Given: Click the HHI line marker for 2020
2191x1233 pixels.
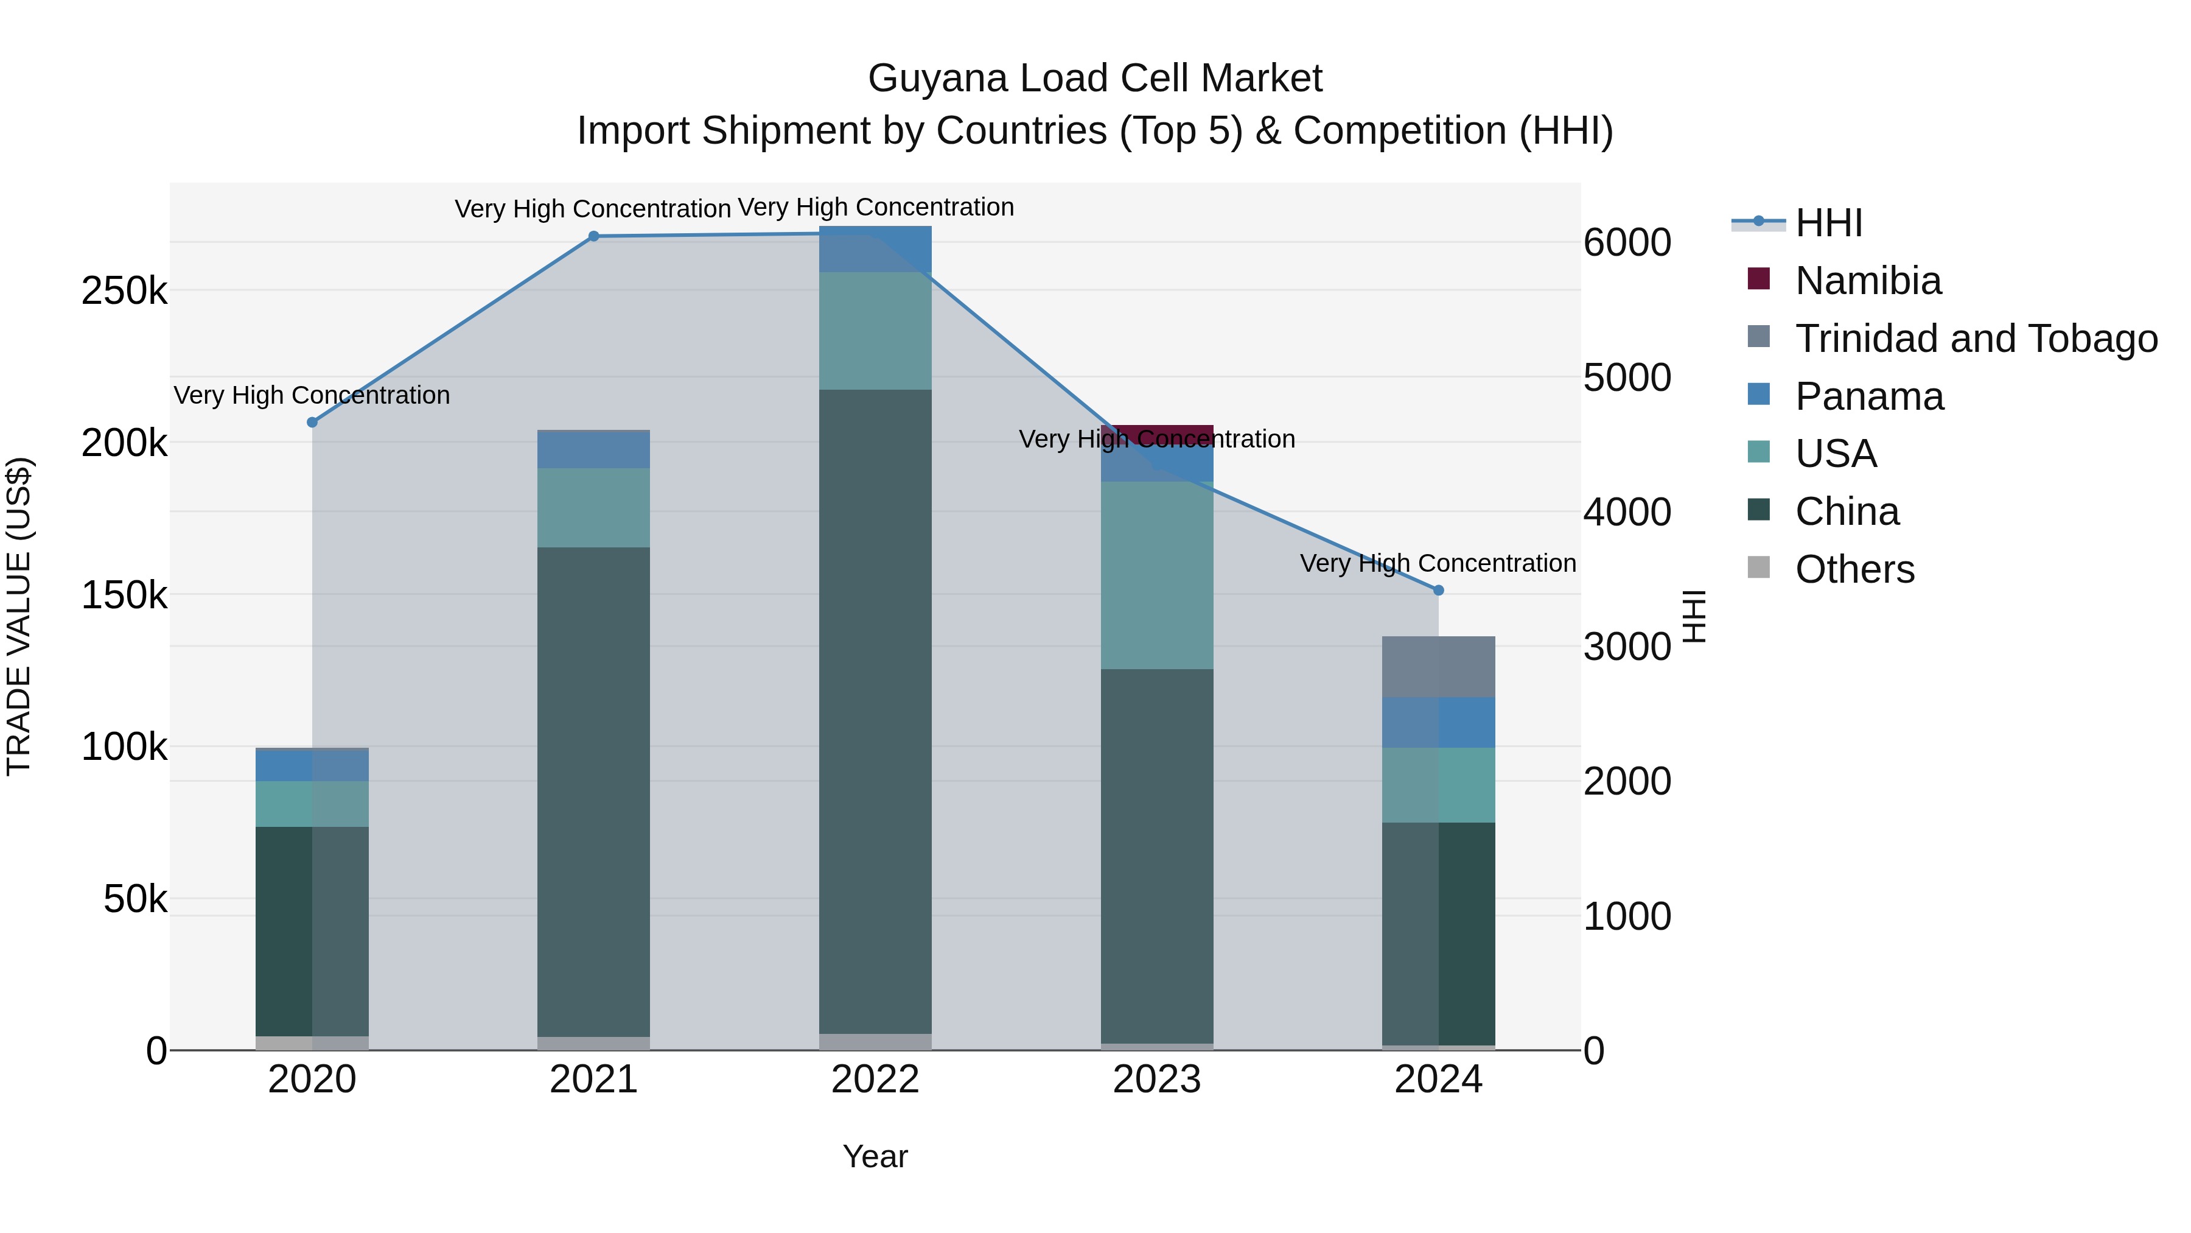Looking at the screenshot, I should (x=312, y=422).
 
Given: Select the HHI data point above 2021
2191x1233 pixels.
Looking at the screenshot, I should (x=593, y=237).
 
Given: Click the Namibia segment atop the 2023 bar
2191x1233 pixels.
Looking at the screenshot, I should (x=1157, y=432).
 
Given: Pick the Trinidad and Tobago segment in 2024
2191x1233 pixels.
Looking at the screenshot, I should (x=1438, y=666).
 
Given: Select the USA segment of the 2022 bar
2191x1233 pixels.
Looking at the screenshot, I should (x=875, y=331).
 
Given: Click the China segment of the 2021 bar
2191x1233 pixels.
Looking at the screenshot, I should (x=593, y=792).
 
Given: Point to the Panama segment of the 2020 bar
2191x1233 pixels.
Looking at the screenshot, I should (x=312, y=765).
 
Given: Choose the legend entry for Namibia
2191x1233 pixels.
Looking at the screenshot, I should (x=1868, y=281).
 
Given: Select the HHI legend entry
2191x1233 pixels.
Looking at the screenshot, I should (x=1829, y=223).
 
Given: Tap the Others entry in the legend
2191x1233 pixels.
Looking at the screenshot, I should (x=1854, y=569).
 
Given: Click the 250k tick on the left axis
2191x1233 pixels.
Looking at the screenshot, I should (x=124, y=292).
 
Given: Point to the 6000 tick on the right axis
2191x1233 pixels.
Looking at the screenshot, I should (x=1626, y=242).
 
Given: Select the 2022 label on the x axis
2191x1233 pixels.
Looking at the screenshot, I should (x=875, y=1080).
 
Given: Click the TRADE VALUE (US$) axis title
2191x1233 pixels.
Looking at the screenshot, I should (x=19, y=616).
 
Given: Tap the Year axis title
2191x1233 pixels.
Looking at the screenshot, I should (x=875, y=1156).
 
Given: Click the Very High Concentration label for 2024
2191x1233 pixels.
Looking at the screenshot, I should (x=1438, y=563).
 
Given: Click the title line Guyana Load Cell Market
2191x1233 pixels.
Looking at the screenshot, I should (x=1095, y=79).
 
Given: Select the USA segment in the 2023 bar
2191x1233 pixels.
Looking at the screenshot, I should (x=1157, y=575).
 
